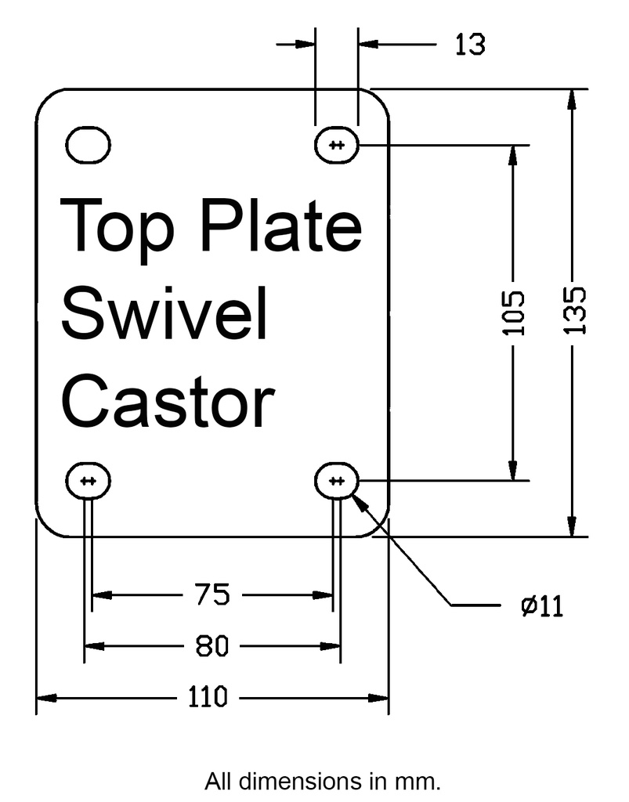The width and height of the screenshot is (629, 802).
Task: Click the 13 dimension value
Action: (x=470, y=45)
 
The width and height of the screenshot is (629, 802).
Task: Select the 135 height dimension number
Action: (x=574, y=311)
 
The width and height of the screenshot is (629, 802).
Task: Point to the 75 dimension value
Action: (x=212, y=595)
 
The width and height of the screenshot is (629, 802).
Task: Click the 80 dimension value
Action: (x=211, y=646)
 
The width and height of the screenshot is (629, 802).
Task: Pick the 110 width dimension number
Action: (x=208, y=696)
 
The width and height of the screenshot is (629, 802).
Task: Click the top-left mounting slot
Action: (x=89, y=144)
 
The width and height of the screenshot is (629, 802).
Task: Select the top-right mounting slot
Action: (x=337, y=145)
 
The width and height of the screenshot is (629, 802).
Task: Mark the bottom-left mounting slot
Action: (x=88, y=481)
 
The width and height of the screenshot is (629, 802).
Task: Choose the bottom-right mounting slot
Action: (x=337, y=481)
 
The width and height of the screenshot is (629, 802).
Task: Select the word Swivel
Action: (x=164, y=312)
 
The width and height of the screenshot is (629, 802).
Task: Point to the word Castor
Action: (x=168, y=400)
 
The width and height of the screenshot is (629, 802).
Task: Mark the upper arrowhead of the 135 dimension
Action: (x=574, y=99)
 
